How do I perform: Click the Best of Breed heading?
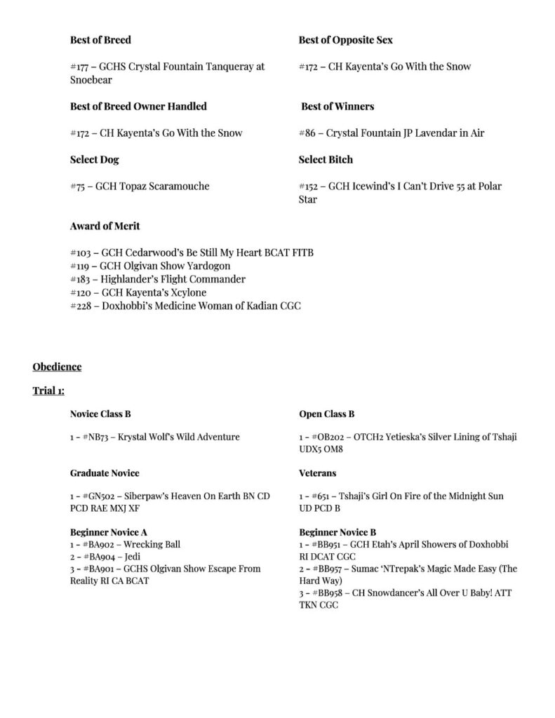coord(100,40)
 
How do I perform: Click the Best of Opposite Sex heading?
coord(345,40)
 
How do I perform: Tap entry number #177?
coord(80,67)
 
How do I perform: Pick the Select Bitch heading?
coord(326,160)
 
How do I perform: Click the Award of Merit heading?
coord(105,226)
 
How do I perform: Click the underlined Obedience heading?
coord(57,367)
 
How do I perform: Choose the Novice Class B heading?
coord(100,414)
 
